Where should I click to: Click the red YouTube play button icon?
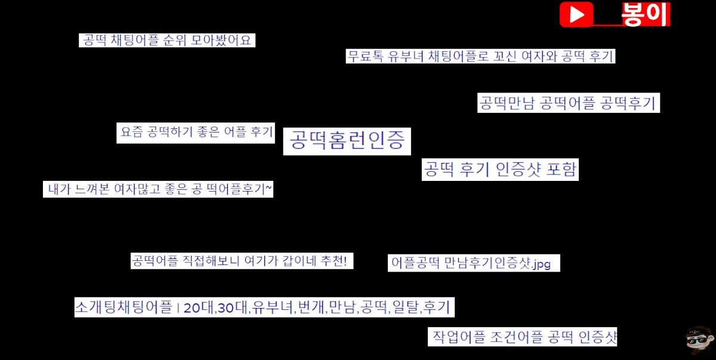576,14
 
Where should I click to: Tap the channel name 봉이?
645,14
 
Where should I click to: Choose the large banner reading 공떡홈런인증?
347,141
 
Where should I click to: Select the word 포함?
561,170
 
